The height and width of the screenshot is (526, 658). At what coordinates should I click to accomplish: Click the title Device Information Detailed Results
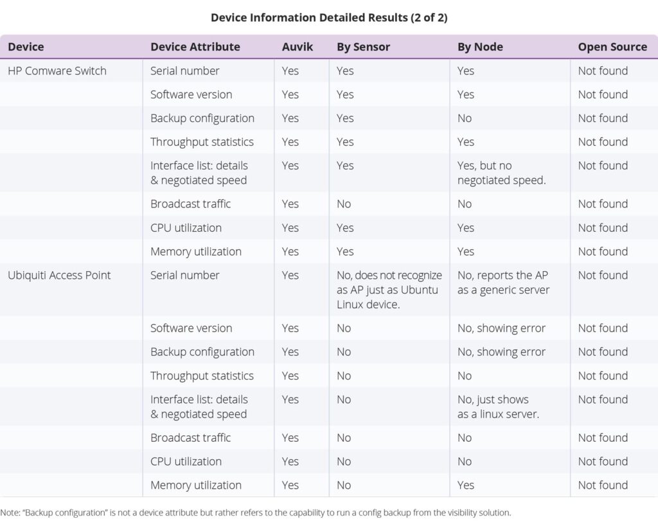(x=328, y=18)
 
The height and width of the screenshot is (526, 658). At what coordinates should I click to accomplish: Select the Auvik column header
(x=298, y=47)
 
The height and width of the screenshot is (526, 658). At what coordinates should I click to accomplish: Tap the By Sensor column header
(x=363, y=47)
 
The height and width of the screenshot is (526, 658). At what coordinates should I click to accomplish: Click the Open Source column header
(x=612, y=47)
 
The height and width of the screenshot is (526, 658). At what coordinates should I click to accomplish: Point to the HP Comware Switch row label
(x=57, y=71)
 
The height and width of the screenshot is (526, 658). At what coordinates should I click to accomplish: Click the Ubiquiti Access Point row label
(x=59, y=275)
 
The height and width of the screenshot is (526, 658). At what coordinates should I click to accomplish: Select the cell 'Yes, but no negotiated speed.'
(x=501, y=173)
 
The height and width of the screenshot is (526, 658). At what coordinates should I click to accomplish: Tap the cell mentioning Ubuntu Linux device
(x=389, y=290)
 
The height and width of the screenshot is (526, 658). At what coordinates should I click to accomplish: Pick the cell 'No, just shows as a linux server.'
(x=498, y=407)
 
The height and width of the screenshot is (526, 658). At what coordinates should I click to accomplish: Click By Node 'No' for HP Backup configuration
(x=465, y=118)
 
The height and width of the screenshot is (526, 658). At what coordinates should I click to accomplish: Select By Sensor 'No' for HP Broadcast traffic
(x=344, y=204)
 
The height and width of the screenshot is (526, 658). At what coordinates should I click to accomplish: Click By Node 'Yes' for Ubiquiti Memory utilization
(x=466, y=485)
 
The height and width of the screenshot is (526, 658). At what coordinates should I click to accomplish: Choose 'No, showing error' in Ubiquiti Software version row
(x=501, y=328)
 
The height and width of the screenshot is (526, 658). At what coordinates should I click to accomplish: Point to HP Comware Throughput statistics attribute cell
(x=202, y=142)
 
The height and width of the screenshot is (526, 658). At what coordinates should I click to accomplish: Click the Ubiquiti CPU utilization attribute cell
(x=186, y=461)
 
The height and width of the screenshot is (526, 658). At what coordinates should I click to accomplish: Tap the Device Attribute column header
(x=195, y=47)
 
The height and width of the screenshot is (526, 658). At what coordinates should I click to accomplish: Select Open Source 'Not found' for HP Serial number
(x=603, y=71)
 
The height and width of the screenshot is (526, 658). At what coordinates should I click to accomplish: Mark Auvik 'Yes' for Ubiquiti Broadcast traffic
(x=290, y=437)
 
